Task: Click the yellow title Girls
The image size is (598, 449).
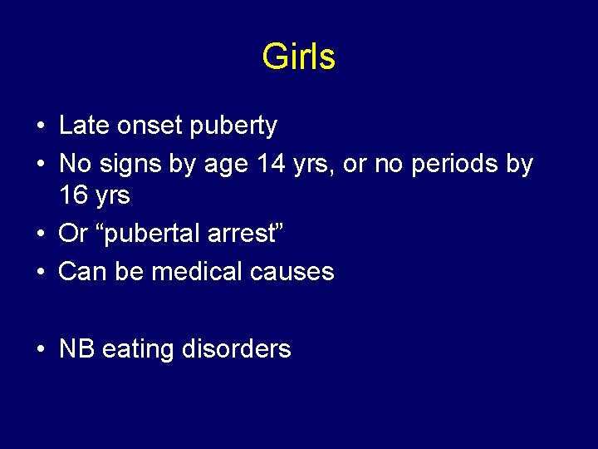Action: point(298,57)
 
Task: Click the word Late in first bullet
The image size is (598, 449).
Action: point(80,126)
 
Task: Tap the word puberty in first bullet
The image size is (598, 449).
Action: point(233,126)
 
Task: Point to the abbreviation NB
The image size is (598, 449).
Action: point(77,348)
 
